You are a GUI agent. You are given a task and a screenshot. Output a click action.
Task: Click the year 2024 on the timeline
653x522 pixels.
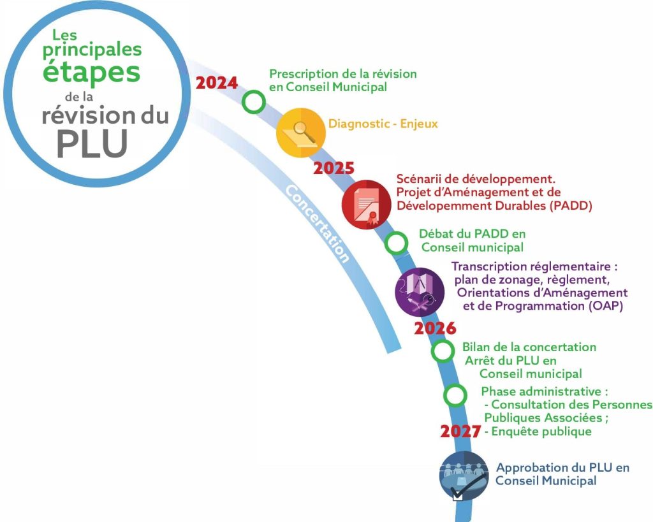[x=217, y=83]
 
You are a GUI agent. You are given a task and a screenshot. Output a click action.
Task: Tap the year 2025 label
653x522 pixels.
[x=334, y=168]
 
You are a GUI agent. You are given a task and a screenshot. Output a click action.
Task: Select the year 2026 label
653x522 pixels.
[x=435, y=328]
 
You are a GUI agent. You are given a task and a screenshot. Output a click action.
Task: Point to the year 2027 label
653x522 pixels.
[x=460, y=431]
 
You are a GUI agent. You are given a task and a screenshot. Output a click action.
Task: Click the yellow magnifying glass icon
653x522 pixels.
[x=301, y=133]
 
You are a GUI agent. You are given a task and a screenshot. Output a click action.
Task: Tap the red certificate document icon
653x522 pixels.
[x=367, y=205]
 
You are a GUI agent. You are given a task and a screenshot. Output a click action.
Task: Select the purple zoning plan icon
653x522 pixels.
[x=420, y=292]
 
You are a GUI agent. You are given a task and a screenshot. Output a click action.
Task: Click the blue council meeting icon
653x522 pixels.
[x=464, y=476]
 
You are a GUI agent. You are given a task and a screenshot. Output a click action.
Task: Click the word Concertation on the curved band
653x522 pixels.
[x=318, y=224]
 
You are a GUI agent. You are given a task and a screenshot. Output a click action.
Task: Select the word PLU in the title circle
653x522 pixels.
[x=92, y=144]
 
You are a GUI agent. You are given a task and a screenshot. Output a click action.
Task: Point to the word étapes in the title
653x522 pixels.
[x=91, y=73]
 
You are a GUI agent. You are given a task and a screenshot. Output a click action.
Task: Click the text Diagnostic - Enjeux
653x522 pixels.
[x=383, y=124]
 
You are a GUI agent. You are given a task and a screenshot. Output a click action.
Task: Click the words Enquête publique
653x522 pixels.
[x=541, y=431]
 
